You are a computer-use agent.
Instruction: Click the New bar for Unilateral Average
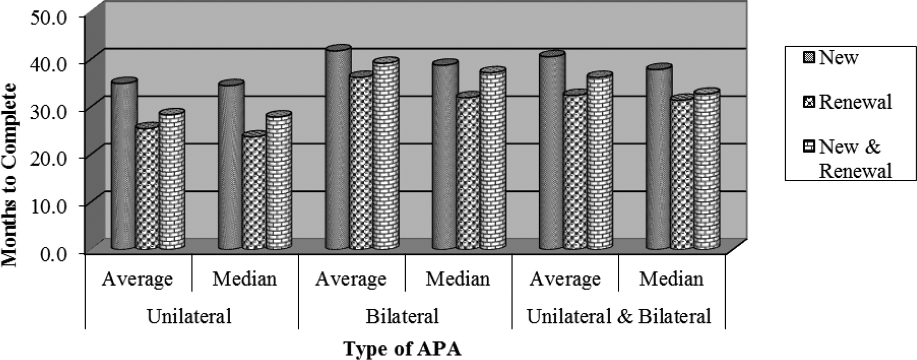coord(124,165)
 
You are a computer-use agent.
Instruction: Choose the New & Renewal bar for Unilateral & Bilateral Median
coord(707,170)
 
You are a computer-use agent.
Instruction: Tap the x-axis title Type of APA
coord(402,349)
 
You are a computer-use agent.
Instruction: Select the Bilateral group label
coord(402,316)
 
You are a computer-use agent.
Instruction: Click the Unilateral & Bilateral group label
coord(618,316)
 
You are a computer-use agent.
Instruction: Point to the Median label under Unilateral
coord(244,279)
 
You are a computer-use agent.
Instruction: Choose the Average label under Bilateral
coord(351,279)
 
